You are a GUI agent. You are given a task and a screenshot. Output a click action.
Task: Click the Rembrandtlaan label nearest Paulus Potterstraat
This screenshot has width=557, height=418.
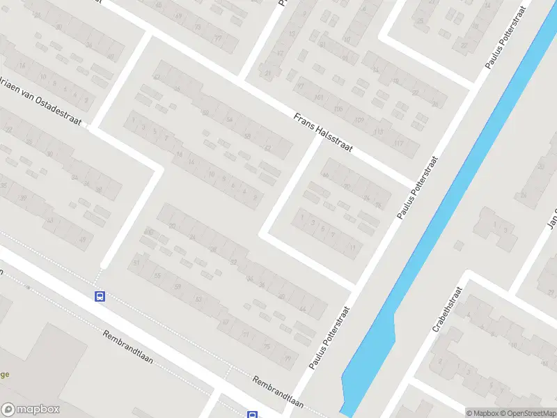[279, 392]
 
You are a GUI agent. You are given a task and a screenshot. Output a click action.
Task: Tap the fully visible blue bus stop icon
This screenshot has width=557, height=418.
[100, 296]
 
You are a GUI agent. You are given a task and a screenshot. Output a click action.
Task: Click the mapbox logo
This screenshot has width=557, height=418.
[31, 410]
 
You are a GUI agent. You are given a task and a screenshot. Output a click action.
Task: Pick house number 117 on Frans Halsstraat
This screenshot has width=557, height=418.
[399, 143]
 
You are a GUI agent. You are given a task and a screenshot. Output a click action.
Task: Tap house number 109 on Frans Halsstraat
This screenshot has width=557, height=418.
[359, 120]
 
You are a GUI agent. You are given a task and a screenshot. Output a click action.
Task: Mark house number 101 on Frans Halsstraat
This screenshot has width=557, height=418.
[320, 97]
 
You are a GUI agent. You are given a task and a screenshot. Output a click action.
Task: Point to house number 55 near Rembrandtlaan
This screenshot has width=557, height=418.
[157, 276]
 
